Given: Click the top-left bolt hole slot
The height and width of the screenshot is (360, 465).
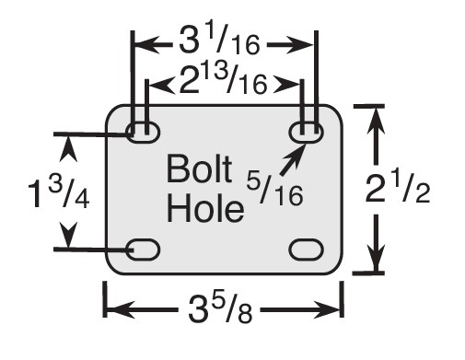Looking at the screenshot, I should coord(144,132).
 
